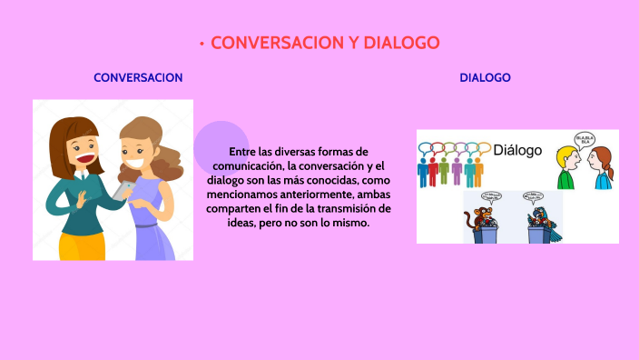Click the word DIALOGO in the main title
coord(401,43)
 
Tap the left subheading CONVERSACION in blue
coord(138,78)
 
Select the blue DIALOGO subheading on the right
coord(485,78)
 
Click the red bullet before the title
coord(201,44)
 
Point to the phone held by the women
coord(125,188)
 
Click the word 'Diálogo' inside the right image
coord(516,150)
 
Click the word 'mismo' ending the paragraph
coord(350,223)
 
